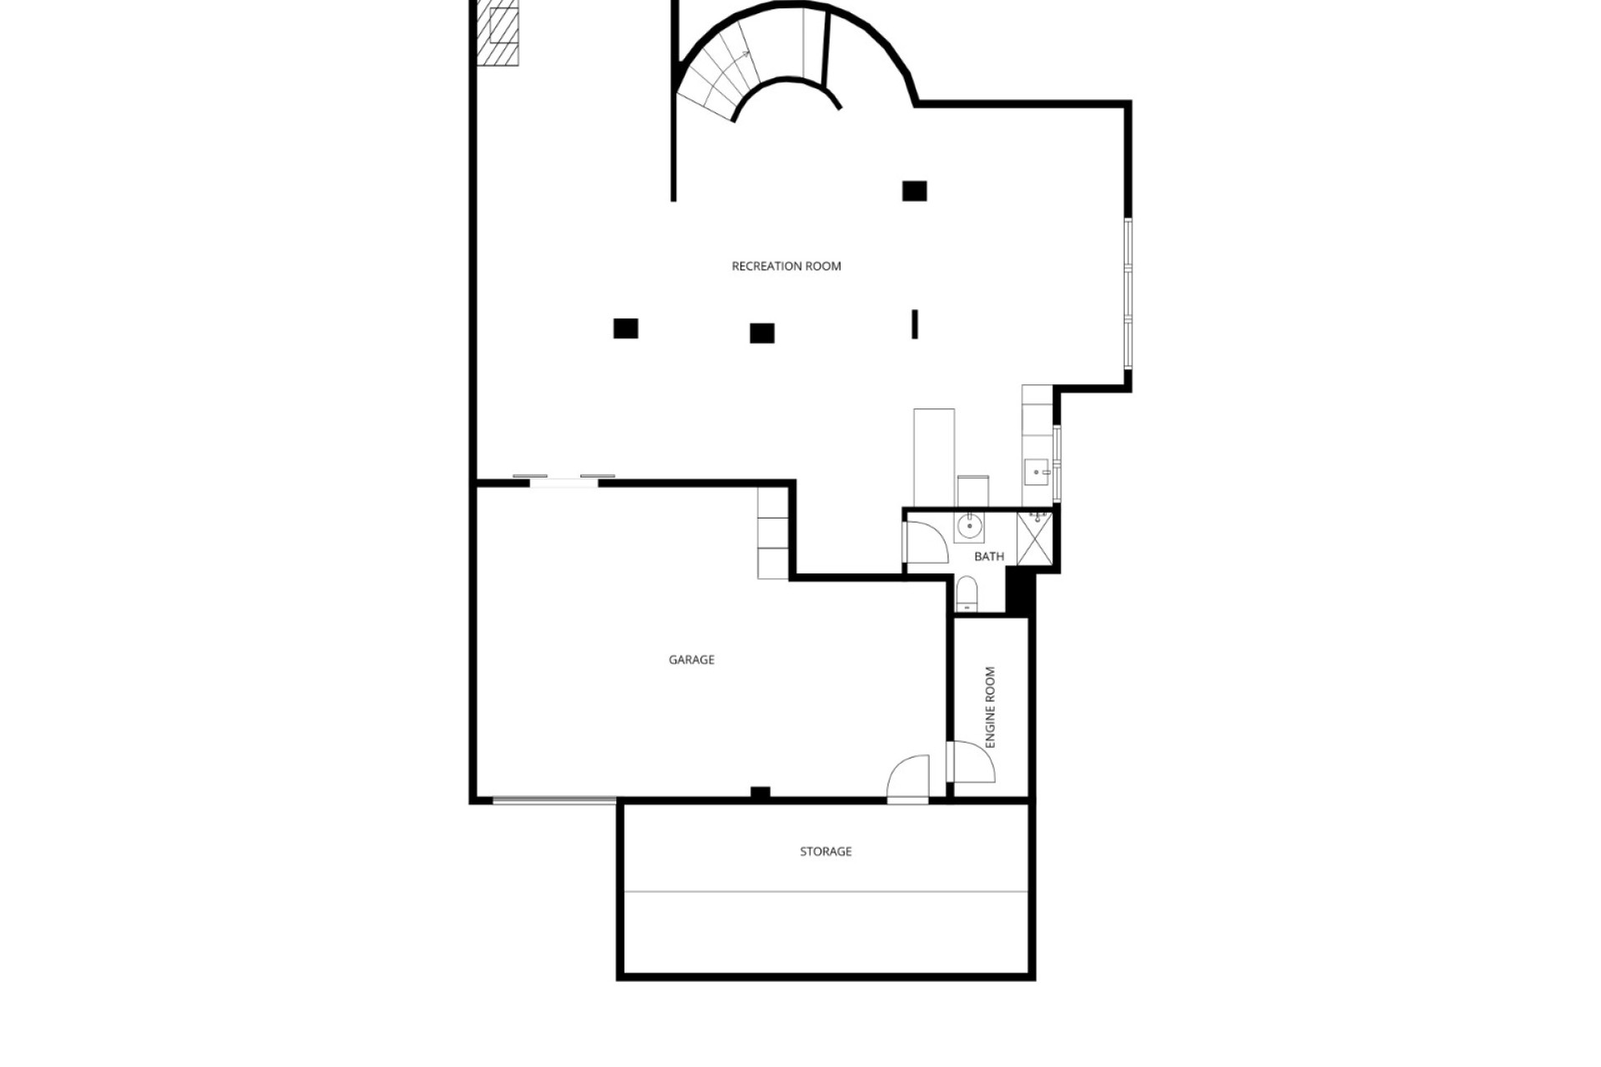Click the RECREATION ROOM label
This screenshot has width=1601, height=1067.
[786, 267]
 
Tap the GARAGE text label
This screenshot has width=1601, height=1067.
[691, 660]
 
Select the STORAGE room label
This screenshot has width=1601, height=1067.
[826, 852]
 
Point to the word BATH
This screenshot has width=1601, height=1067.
[989, 557]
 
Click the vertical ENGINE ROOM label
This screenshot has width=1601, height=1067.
[991, 707]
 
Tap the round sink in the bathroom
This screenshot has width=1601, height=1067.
[970, 527]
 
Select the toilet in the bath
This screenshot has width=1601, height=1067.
[966, 593]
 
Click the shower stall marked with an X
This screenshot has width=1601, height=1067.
[1035, 539]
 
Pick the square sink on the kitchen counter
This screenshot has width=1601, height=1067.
[1036, 473]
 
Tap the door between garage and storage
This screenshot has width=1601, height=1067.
[908, 779]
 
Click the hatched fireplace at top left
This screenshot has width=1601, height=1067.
[498, 33]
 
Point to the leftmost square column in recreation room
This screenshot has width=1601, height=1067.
[625, 328]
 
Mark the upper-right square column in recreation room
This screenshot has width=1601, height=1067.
[915, 191]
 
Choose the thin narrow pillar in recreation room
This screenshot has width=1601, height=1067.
[915, 324]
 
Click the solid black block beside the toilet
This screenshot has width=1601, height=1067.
[1019, 590]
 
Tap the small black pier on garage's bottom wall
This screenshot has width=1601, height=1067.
[760, 793]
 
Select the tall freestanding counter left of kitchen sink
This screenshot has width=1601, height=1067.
[934, 457]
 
